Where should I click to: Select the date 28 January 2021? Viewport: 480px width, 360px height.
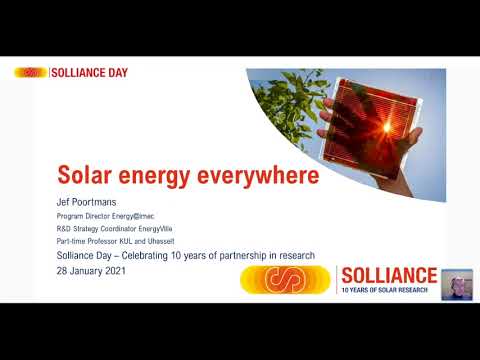pyautogui.click(x=93, y=271)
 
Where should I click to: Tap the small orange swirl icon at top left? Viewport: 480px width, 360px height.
pyautogui.click(x=31, y=73)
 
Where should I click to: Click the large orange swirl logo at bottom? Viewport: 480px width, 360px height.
pyautogui.click(x=286, y=279)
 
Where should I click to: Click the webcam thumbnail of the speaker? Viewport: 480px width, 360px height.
pyautogui.click(x=457, y=283)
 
